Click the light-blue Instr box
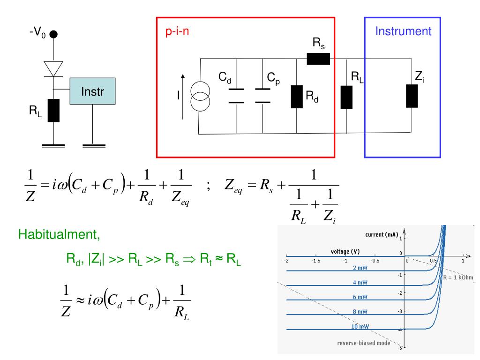click(x=92, y=91)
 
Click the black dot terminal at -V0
click(x=53, y=34)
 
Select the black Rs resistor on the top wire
click(x=318, y=59)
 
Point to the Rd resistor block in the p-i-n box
click(x=297, y=97)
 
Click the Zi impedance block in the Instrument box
click(x=412, y=96)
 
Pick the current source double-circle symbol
click(x=200, y=96)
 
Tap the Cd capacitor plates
click(x=236, y=96)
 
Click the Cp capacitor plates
click(x=262, y=96)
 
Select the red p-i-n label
click(x=177, y=31)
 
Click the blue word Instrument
click(x=403, y=31)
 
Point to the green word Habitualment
click(x=59, y=234)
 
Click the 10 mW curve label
click(x=360, y=326)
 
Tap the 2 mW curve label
click(x=360, y=268)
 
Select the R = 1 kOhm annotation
click(x=458, y=277)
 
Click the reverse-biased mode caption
click(x=364, y=343)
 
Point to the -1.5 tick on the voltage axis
click(x=315, y=261)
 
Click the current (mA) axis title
click(x=382, y=235)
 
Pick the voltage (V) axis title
click(x=345, y=252)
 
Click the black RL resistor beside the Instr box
click(x=53, y=111)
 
